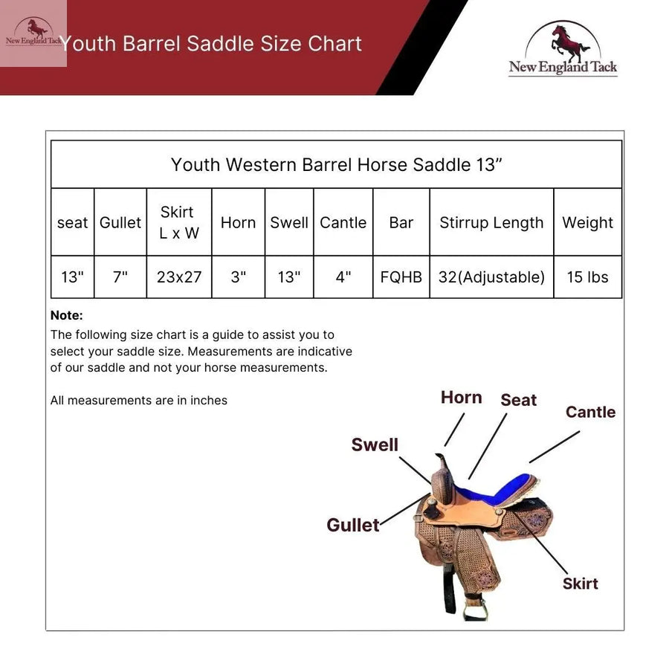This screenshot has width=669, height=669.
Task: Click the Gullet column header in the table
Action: point(120,222)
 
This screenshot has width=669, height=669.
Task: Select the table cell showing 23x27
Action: point(179,277)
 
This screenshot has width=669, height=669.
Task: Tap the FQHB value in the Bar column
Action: point(401,277)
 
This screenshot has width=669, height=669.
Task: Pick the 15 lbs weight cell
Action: point(587,277)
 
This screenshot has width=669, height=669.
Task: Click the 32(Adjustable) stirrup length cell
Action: point(491,277)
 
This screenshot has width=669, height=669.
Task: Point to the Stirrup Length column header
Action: point(491,222)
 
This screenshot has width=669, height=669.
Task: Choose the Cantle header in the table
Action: point(343,222)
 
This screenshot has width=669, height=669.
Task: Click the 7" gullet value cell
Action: point(120,277)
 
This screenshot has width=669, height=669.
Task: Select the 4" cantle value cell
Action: point(343,277)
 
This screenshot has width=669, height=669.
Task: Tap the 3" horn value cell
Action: point(238,277)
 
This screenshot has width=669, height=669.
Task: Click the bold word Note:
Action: point(67,315)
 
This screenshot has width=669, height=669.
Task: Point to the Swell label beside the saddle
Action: point(375,445)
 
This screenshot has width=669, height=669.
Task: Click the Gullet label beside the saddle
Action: point(353,525)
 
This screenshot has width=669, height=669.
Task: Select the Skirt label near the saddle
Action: point(580,584)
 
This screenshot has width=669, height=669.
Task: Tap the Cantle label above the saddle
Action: point(590,412)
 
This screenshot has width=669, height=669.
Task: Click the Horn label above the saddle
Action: point(461,398)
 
